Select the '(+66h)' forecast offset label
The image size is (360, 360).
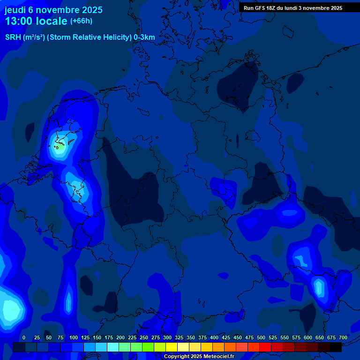81,21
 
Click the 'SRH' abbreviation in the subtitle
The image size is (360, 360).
13,37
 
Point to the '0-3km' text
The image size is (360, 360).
144,37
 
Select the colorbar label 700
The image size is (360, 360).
343,338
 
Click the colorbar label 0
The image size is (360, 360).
23,338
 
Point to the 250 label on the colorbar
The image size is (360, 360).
132,338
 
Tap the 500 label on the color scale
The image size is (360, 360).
249,338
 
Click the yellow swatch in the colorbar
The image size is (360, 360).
172,347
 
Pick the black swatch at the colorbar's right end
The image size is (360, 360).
336,347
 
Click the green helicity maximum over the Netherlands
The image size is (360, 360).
60,147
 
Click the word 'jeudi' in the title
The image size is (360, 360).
15,10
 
